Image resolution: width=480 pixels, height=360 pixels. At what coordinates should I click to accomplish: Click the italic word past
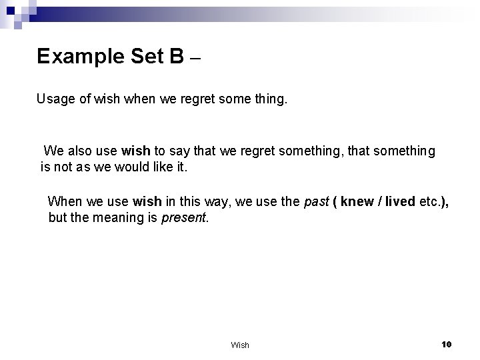click(316, 201)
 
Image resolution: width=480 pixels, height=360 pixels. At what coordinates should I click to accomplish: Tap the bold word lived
click(398, 201)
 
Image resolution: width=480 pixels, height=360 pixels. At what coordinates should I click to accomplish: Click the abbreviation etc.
click(430, 201)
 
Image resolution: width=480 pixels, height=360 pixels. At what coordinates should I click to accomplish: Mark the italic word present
click(185, 217)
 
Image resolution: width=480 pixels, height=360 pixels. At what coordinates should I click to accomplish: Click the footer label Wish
click(240, 345)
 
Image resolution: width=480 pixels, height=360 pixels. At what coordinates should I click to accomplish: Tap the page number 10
click(447, 344)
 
